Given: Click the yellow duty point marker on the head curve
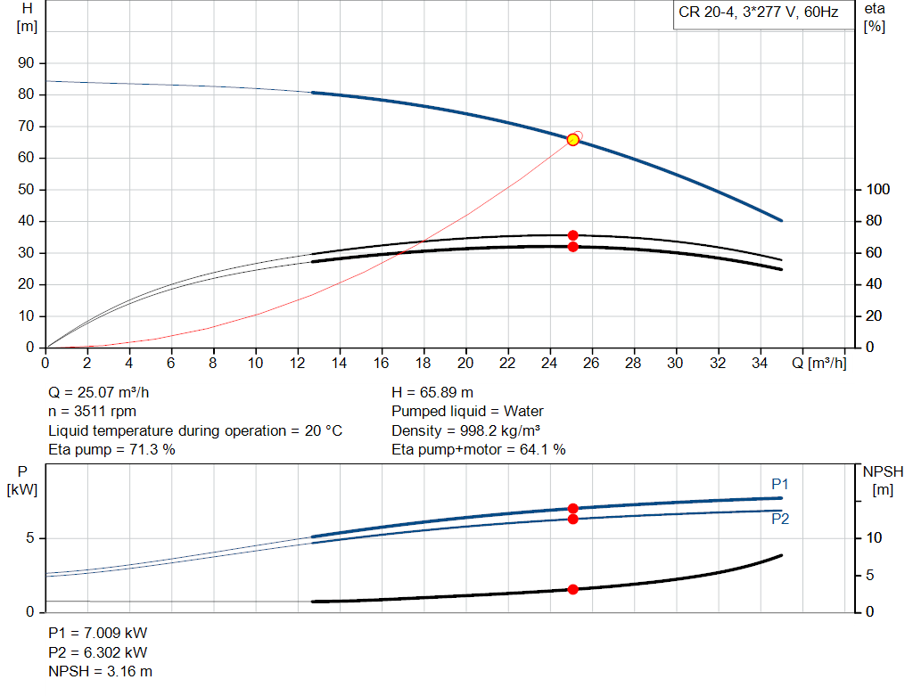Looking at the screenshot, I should coord(572,140).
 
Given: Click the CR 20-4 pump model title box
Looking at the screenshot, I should coord(757,14).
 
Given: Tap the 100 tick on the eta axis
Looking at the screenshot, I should coord(877,190).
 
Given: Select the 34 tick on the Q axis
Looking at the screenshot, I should coord(759,363).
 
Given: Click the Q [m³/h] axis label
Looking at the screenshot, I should coord(818,363).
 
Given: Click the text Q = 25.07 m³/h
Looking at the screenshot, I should coord(105,392).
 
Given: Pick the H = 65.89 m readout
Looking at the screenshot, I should coord(432,392).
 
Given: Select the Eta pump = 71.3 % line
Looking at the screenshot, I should coord(111,450).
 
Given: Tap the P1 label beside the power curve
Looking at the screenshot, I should coord(780,484).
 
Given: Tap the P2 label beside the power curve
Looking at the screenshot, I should coord(780,518).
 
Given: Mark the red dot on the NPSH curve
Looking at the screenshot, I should coord(572,589).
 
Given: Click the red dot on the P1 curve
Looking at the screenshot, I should coord(572,509).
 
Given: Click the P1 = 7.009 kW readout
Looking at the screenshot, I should coord(97,633).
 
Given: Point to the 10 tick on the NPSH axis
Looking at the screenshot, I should coord(873,538).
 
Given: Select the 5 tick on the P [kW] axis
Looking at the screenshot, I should coord(30,538).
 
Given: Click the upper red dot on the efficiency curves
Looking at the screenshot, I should coord(572,235).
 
